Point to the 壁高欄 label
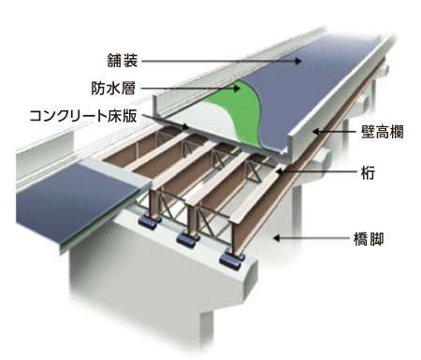coord(382,133)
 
